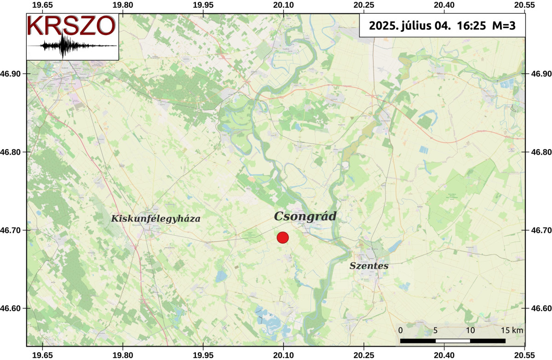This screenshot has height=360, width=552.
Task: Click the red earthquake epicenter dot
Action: [x=282, y=238]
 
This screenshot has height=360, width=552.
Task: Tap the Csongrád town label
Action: [x=305, y=217]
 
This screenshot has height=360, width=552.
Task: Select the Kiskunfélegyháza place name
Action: [x=155, y=219]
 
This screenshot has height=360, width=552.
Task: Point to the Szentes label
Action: [x=369, y=266]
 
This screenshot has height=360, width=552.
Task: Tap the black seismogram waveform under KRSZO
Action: [x=64, y=46]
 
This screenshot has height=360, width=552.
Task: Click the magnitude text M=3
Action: [x=502, y=26]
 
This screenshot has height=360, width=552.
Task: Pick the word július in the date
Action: [x=416, y=26]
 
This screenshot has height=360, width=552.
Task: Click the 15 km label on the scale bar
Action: [x=512, y=331]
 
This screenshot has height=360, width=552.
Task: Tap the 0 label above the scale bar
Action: [x=401, y=331]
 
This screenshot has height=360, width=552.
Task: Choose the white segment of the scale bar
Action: [x=453, y=341]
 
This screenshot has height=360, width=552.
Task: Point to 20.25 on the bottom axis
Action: [x=363, y=355]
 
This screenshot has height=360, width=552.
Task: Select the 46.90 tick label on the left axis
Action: [x=13, y=74]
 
